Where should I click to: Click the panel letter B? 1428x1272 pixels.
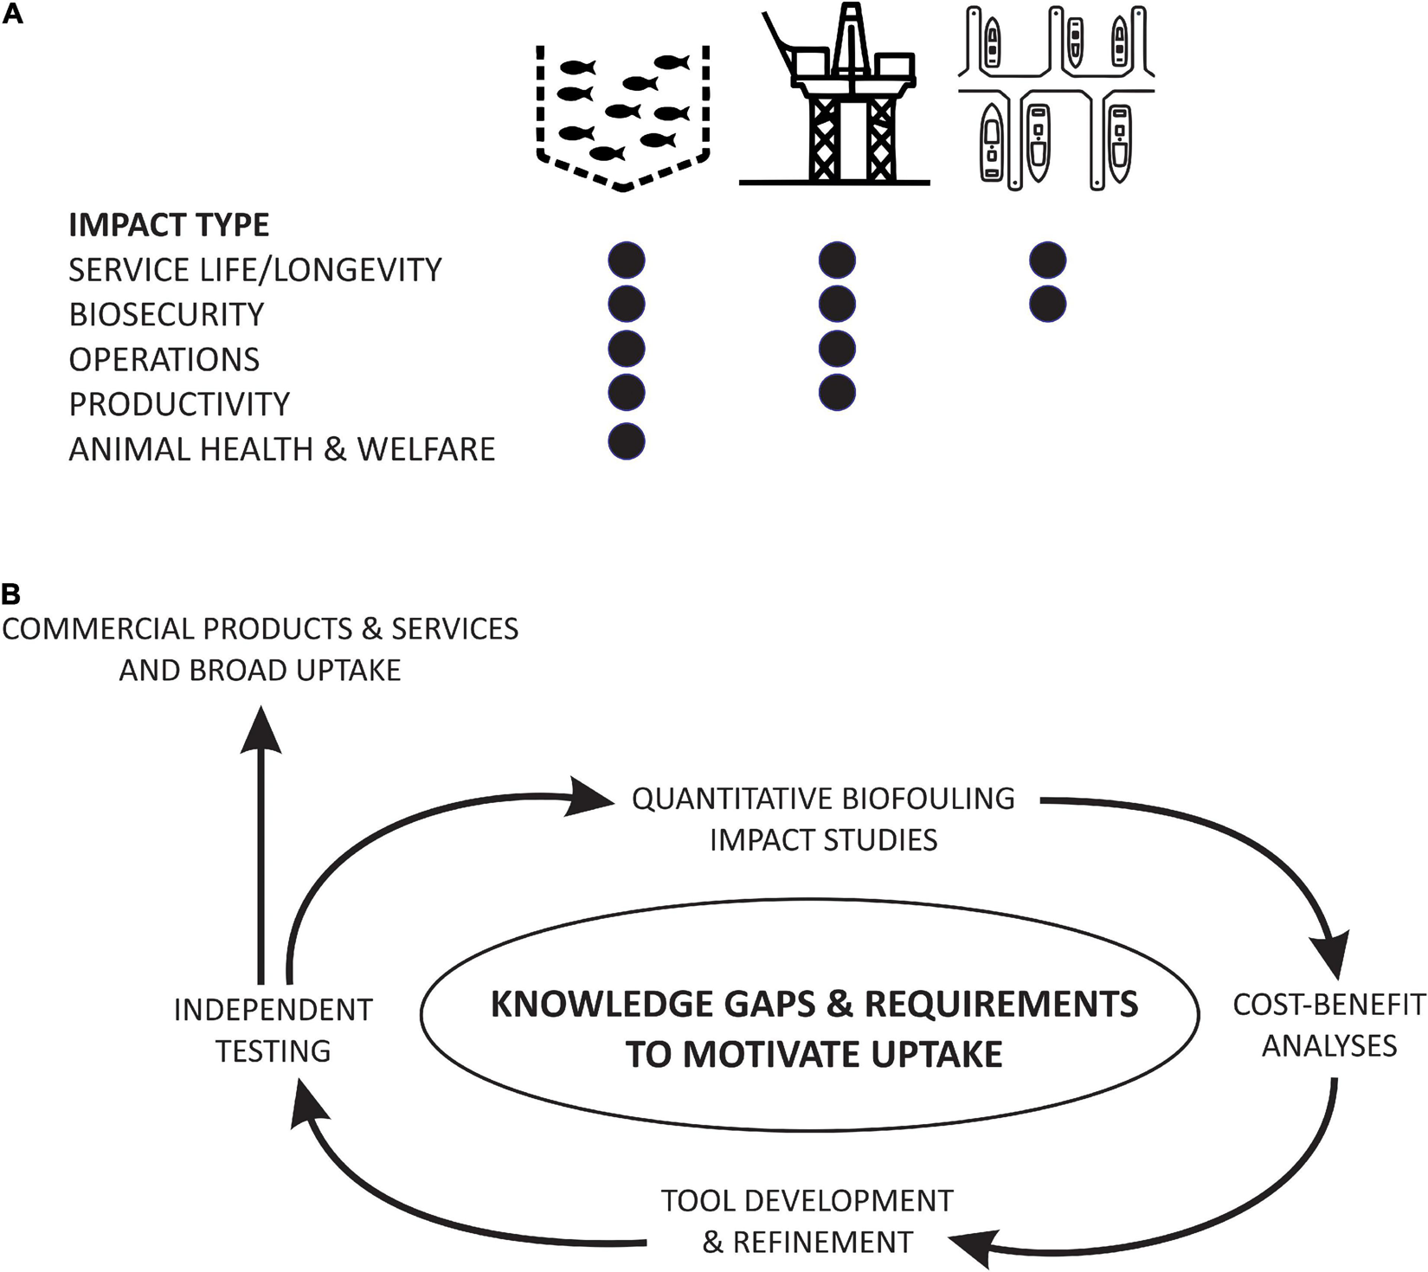(11, 594)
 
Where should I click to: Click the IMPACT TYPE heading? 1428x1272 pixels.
(169, 225)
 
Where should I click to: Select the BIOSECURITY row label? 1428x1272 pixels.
(166, 314)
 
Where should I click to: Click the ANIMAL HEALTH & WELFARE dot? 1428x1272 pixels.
(627, 441)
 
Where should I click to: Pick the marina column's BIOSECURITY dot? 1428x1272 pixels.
(1047, 305)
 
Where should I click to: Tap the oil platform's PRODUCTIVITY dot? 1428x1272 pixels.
(837, 393)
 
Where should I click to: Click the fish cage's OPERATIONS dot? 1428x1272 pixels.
(627, 349)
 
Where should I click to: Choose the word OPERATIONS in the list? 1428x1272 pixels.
(164, 359)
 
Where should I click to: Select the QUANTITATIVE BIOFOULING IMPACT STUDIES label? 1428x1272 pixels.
(823, 819)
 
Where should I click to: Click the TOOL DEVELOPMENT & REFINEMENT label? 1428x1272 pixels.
(807, 1221)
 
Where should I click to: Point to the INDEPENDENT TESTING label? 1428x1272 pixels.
(273, 1030)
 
